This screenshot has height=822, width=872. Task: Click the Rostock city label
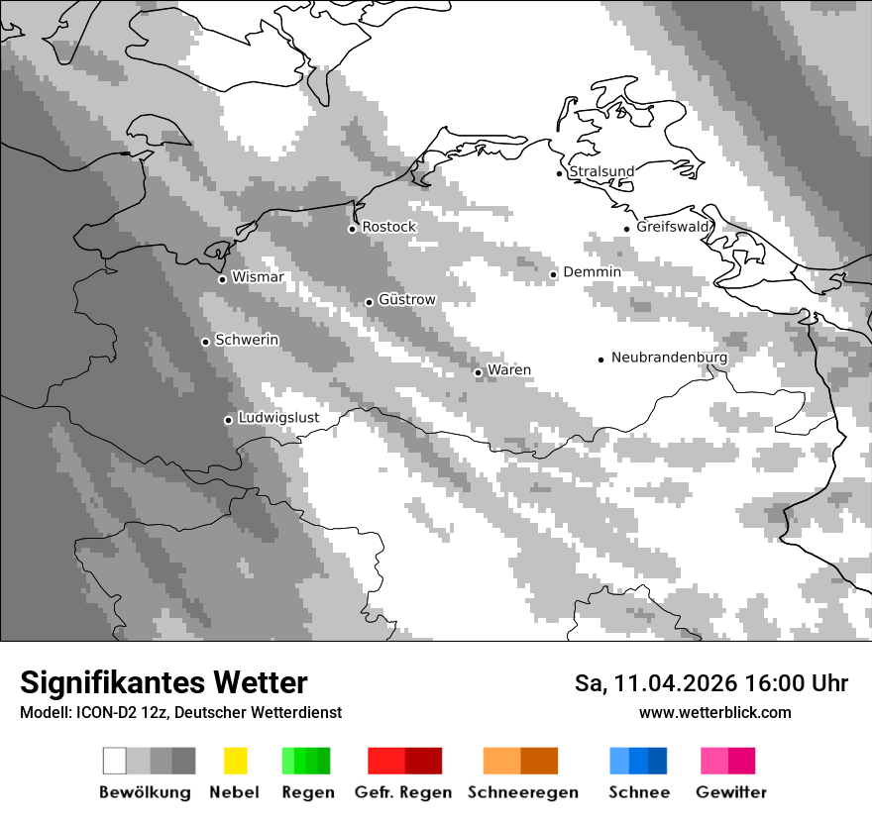[388, 227]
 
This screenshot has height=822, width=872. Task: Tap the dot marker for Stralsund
[560, 173]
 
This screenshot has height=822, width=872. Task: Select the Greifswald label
[673, 227]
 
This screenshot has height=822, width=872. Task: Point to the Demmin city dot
[554, 274]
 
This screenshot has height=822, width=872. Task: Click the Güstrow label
[406, 299]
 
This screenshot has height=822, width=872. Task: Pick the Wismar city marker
[222, 279]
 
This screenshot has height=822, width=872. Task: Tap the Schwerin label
[247, 340]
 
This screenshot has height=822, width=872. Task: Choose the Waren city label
[509, 370]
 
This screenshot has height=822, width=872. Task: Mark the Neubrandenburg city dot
[600, 360]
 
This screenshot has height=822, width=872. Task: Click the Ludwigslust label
[278, 418]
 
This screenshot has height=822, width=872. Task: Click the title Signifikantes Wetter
[163, 682]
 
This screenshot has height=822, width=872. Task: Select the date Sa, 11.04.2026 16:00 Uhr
[711, 683]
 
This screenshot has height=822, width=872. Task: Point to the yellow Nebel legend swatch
[235, 761]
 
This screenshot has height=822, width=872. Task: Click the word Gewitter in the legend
[731, 792]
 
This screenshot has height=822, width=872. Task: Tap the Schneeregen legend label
[522, 792]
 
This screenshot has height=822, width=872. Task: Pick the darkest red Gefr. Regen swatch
[423, 761]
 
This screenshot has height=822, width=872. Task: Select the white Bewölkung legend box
[115, 761]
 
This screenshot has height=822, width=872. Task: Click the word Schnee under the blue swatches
[638, 792]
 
